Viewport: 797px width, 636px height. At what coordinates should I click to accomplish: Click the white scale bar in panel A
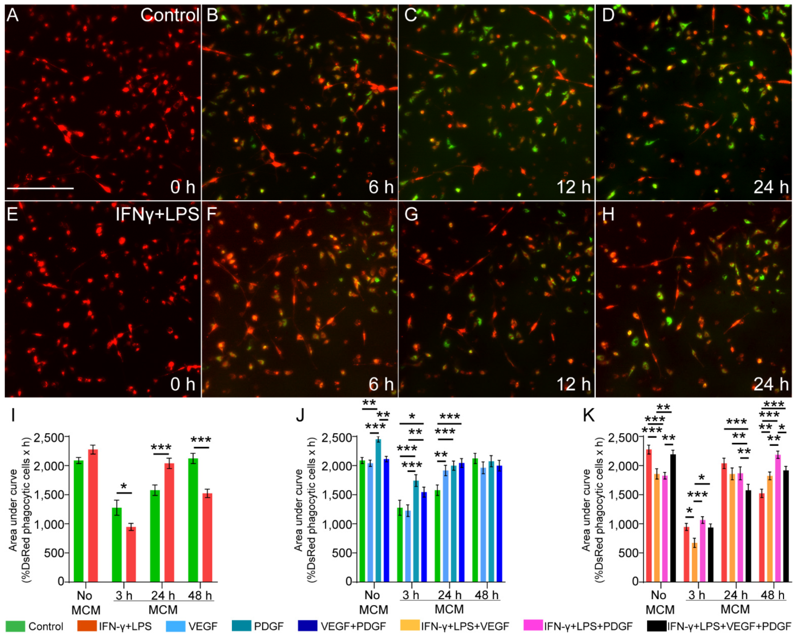pyautogui.click(x=40, y=188)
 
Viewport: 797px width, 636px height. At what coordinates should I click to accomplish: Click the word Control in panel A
pyautogui.click(x=170, y=15)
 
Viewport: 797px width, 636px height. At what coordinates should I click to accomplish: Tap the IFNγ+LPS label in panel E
pyautogui.click(x=157, y=215)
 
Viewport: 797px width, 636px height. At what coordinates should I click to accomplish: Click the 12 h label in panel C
pyautogui.click(x=573, y=187)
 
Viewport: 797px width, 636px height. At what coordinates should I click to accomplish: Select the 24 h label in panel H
pyautogui.click(x=771, y=384)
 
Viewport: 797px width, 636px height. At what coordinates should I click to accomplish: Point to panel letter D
pyautogui.click(x=608, y=15)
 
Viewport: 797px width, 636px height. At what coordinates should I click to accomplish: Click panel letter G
pyautogui.click(x=411, y=215)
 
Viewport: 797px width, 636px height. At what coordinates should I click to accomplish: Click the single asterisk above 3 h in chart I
pyautogui.click(x=124, y=487)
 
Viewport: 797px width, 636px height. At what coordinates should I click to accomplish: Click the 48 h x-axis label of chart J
pyautogui.click(x=487, y=595)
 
